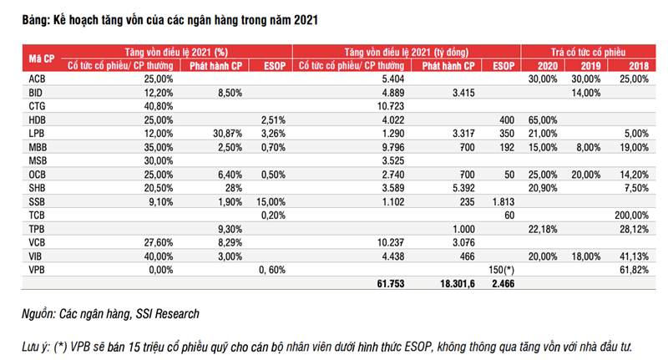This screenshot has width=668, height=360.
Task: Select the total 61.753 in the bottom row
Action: [389, 286]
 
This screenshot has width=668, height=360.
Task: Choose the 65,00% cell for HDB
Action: [541, 119]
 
